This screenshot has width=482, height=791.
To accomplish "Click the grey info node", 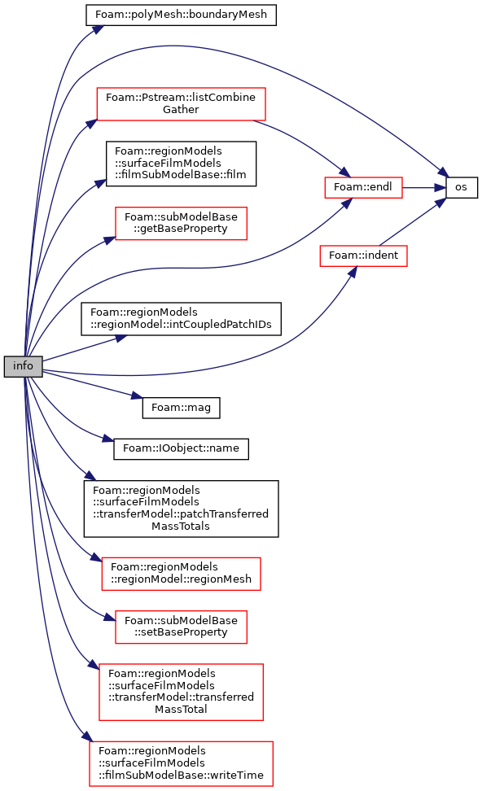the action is (24, 366).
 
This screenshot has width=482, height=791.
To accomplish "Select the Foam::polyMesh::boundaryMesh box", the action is (181, 15).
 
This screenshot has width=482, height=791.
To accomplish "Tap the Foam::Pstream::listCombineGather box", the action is (181, 104).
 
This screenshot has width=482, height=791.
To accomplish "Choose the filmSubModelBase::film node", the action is (181, 164).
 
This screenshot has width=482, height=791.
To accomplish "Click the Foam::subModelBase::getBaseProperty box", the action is (181, 223).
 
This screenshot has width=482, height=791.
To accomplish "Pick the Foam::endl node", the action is (363, 187).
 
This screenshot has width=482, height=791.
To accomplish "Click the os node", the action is (462, 187).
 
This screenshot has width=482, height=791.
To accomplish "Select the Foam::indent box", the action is (363, 256).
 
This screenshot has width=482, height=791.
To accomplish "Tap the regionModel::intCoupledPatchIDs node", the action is (181, 319).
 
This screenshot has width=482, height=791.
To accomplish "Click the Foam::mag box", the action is (181, 408).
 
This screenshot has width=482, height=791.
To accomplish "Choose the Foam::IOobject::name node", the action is (181, 448).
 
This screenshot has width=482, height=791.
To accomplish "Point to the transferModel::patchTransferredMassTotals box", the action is (181, 509).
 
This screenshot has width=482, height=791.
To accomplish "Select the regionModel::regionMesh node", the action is (181, 574).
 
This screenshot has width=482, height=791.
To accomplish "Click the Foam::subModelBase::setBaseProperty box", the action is (181, 627).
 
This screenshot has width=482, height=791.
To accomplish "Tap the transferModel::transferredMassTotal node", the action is (181, 692).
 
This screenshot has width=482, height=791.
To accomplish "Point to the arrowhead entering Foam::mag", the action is (137, 397).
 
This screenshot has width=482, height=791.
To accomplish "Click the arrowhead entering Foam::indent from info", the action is (353, 272).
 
